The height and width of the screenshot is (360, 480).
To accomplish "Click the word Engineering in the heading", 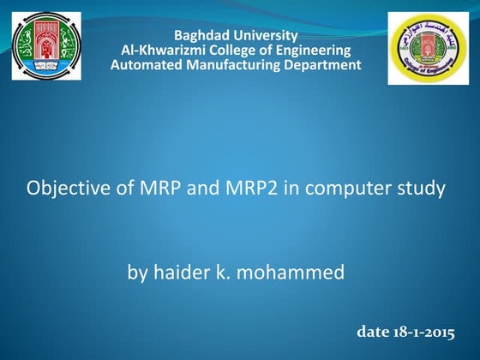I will (308, 50).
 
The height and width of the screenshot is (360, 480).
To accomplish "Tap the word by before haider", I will (137, 273).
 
